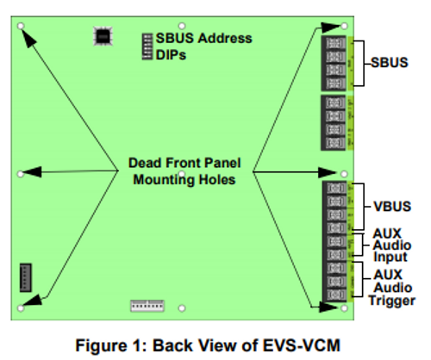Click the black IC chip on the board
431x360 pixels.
[x=103, y=36]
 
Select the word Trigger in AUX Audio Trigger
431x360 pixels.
[x=392, y=301]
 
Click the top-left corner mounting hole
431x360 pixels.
[x=20, y=27]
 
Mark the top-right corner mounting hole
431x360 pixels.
[x=344, y=27]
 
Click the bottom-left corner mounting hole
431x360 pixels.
[x=20, y=307]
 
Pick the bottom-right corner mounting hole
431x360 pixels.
[x=344, y=307]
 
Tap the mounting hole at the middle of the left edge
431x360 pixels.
[x=20, y=173]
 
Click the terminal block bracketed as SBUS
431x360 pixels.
[x=334, y=63]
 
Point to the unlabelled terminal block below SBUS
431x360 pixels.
[x=334, y=122]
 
